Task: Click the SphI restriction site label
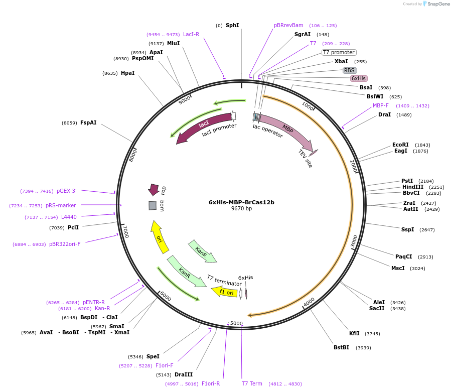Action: click(x=232, y=25)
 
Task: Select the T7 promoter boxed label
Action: click(x=339, y=52)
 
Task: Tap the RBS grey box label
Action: click(x=350, y=70)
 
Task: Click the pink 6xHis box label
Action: click(x=359, y=78)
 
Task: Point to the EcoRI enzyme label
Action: click(x=400, y=145)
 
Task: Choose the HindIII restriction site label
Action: click(x=412, y=187)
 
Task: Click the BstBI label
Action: click(x=341, y=347)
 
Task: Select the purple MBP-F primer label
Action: click(x=381, y=105)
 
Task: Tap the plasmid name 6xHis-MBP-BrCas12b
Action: click(x=241, y=202)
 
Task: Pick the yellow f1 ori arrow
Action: click(x=225, y=292)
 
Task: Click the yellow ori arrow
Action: click(x=160, y=237)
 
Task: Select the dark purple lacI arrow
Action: click(x=203, y=127)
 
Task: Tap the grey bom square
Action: click(x=153, y=205)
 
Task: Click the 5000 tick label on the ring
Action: click(x=236, y=323)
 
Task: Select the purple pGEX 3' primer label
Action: click(x=66, y=191)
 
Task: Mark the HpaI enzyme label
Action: click(x=127, y=73)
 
